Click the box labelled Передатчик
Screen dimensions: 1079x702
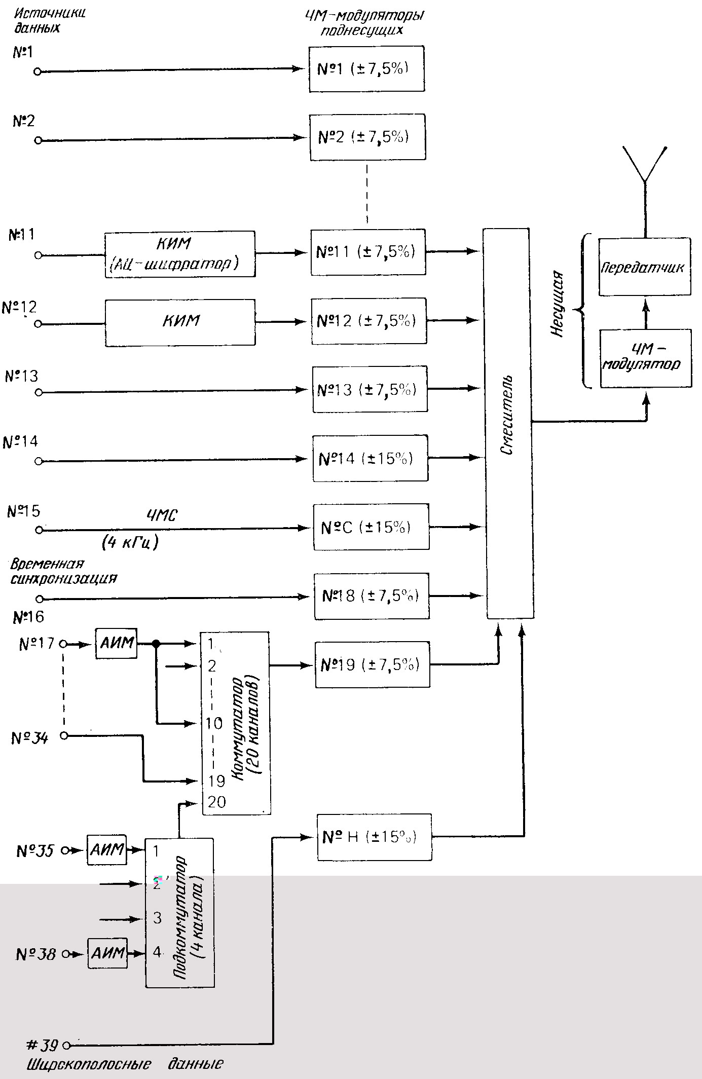[x=644, y=267]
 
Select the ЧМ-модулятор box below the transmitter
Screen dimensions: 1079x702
[x=645, y=358]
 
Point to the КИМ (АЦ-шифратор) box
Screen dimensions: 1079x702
[x=180, y=254]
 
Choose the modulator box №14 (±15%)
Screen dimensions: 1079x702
[x=370, y=458]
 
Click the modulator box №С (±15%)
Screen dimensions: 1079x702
[x=371, y=527]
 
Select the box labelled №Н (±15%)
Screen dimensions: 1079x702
[x=374, y=837]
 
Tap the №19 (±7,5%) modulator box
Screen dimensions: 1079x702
[x=372, y=664]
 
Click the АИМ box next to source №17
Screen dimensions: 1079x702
[x=117, y=644]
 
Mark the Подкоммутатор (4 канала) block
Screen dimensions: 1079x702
[x=180, y=912]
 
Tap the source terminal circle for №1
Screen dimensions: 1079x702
[x=37, y=72]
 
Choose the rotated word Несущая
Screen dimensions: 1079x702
[x=557, y=304]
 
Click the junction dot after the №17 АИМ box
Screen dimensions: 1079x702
[x=156, y=644]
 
